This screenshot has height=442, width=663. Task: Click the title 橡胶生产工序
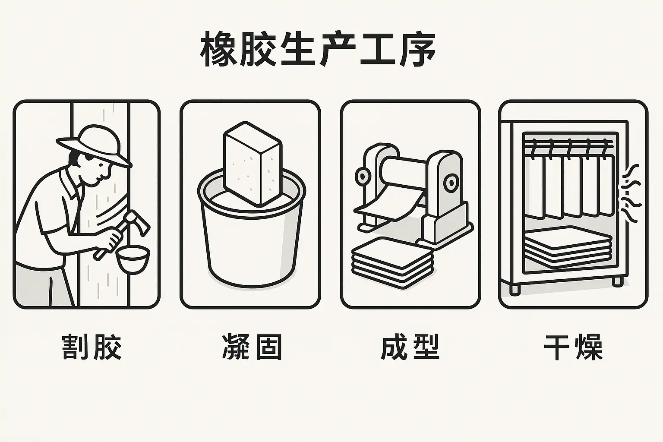coord(318,49)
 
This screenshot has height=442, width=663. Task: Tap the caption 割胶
coord(92,347)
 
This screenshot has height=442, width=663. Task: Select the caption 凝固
coord(252,347)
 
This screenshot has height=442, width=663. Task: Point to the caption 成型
coord(410,347)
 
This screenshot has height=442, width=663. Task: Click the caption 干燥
coord(573,347)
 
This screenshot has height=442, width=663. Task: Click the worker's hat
coord(94,145)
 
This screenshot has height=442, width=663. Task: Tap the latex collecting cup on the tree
coord(133,259)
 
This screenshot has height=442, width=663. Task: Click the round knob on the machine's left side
coord(362,177)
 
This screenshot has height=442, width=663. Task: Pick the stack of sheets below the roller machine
coord(393,262)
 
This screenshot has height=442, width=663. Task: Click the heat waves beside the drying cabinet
coord(631,193)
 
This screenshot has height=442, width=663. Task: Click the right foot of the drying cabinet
coord(617,281)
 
